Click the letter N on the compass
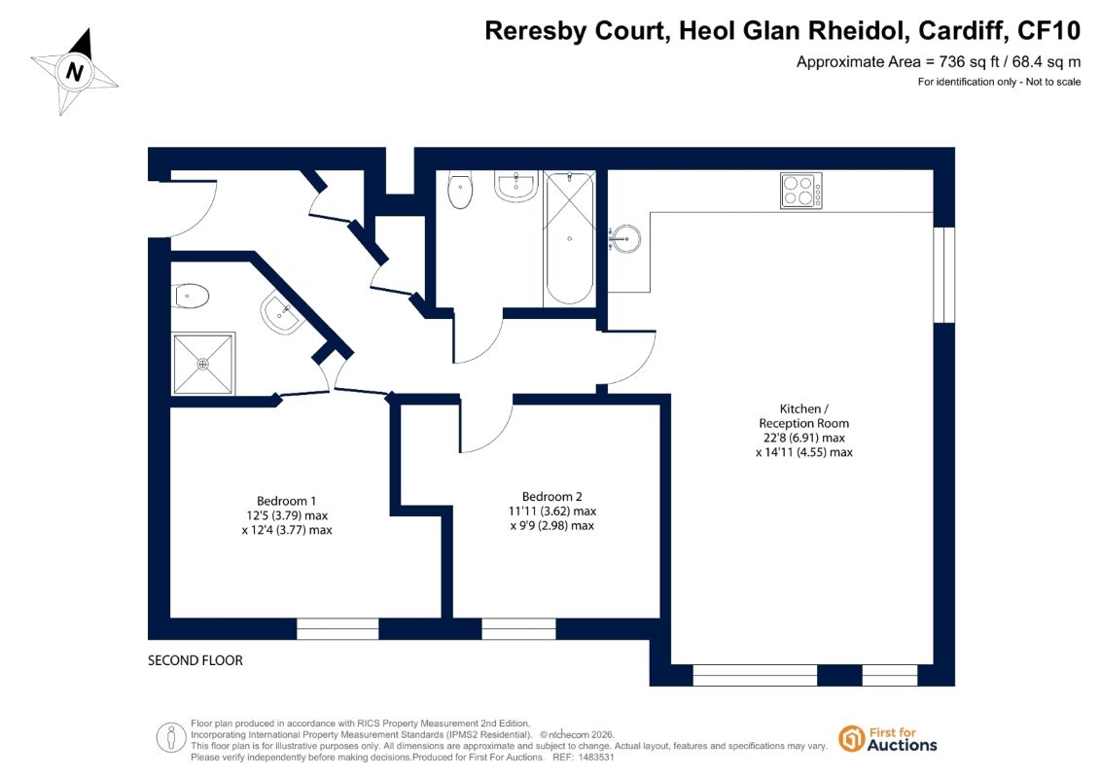click(x=74, y=72)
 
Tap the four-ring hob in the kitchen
click(x=801, y=191)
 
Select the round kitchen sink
click(x=623, y=238)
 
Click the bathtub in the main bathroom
click(x=569, y=238)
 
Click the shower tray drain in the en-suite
click(x=202, y=364)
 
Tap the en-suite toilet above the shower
click(x=190, y=296)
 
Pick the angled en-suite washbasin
click(x=282, y=313)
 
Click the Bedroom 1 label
click(x=286, y=501)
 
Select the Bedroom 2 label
click(x=552, y=497)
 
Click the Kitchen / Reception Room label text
click(x=804, y=416)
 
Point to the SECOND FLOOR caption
click(x=195, y=660)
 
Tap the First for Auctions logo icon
click(x=852, y=739)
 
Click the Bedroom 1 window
click(x=337, y=628)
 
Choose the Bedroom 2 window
click(x=518, y=628)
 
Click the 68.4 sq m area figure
click(x=1046, y=61)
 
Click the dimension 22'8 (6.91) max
click(x=804, y=438)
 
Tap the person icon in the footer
click(x=170, y=738)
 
